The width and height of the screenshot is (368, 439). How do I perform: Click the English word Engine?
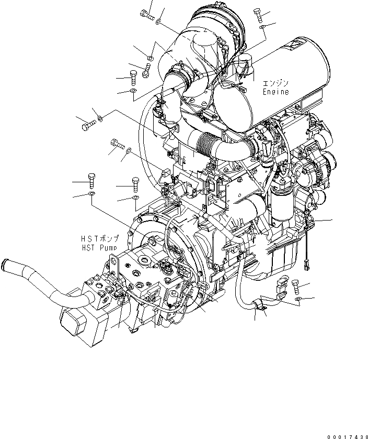click(x=275, y=92)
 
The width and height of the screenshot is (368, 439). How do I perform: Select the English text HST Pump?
click(x=99, y=247)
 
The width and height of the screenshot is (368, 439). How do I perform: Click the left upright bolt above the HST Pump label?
click(x=92, y=181)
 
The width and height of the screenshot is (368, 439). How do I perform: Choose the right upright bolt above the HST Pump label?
click(x=135, y=185)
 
